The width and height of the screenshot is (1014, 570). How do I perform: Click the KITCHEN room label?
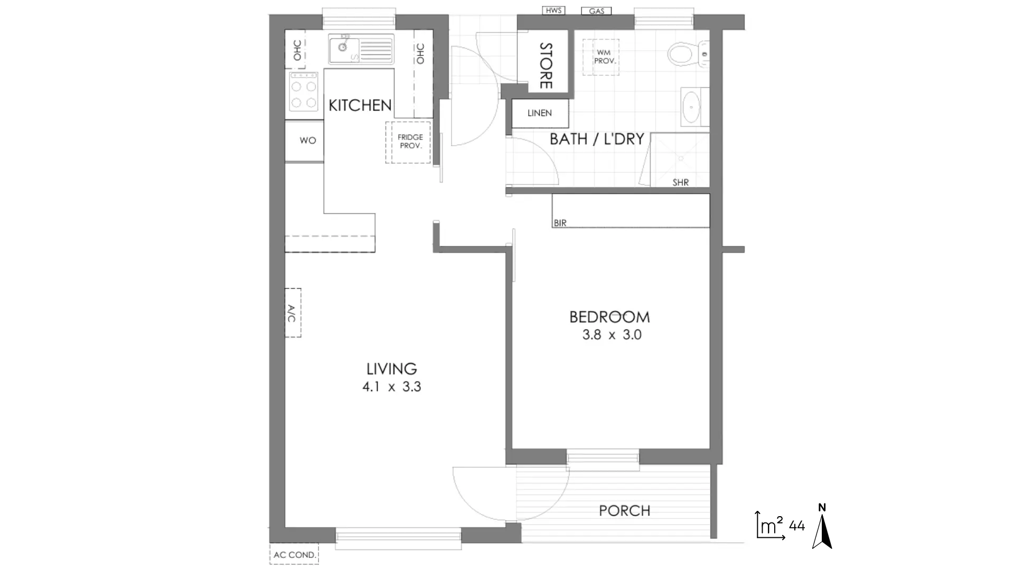tap(360, 106)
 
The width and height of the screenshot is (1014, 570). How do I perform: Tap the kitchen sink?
tap(361, 49)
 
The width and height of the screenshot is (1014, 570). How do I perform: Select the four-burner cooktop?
tap(304, 92)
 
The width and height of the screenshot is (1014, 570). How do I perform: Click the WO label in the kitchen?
tap(308, 140)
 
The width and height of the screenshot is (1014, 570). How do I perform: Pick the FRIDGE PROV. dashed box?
tap(408, 142)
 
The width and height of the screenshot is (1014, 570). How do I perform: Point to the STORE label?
tap(546, 66)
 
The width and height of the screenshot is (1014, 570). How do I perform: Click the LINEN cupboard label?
tap(540, 113)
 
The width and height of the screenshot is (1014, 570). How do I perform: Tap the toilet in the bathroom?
tap(688, 53)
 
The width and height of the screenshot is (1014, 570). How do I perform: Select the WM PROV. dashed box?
tap(601, 57)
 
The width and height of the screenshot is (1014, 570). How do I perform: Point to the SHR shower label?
tap(681, 183)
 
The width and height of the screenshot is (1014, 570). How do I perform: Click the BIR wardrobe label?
tap(560, 223)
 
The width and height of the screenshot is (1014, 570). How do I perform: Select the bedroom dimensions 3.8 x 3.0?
tap(612, 335)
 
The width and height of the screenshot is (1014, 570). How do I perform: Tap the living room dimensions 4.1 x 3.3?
tap(392, 387)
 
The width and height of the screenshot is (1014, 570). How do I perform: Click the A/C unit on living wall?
tap(293, 313)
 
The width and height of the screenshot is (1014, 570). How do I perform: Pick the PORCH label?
tap(624, 511)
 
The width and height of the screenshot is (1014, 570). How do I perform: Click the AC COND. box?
tap(294, 555)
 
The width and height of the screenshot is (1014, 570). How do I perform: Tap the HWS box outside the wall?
tap(554, 11)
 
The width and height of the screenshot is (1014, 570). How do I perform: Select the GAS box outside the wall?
tap(596, 11)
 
